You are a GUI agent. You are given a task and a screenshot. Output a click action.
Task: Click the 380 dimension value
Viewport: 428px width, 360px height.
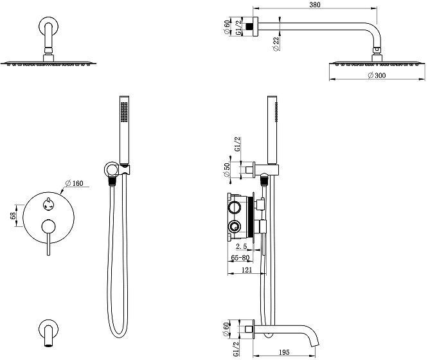315,4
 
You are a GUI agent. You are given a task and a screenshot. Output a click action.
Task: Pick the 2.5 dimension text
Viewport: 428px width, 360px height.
242,246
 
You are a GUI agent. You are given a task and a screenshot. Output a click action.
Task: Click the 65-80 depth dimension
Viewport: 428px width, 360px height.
241,258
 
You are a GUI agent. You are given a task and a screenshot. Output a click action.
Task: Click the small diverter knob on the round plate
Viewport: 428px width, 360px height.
46,204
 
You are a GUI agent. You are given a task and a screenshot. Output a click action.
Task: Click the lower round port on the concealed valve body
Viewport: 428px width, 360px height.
235,226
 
